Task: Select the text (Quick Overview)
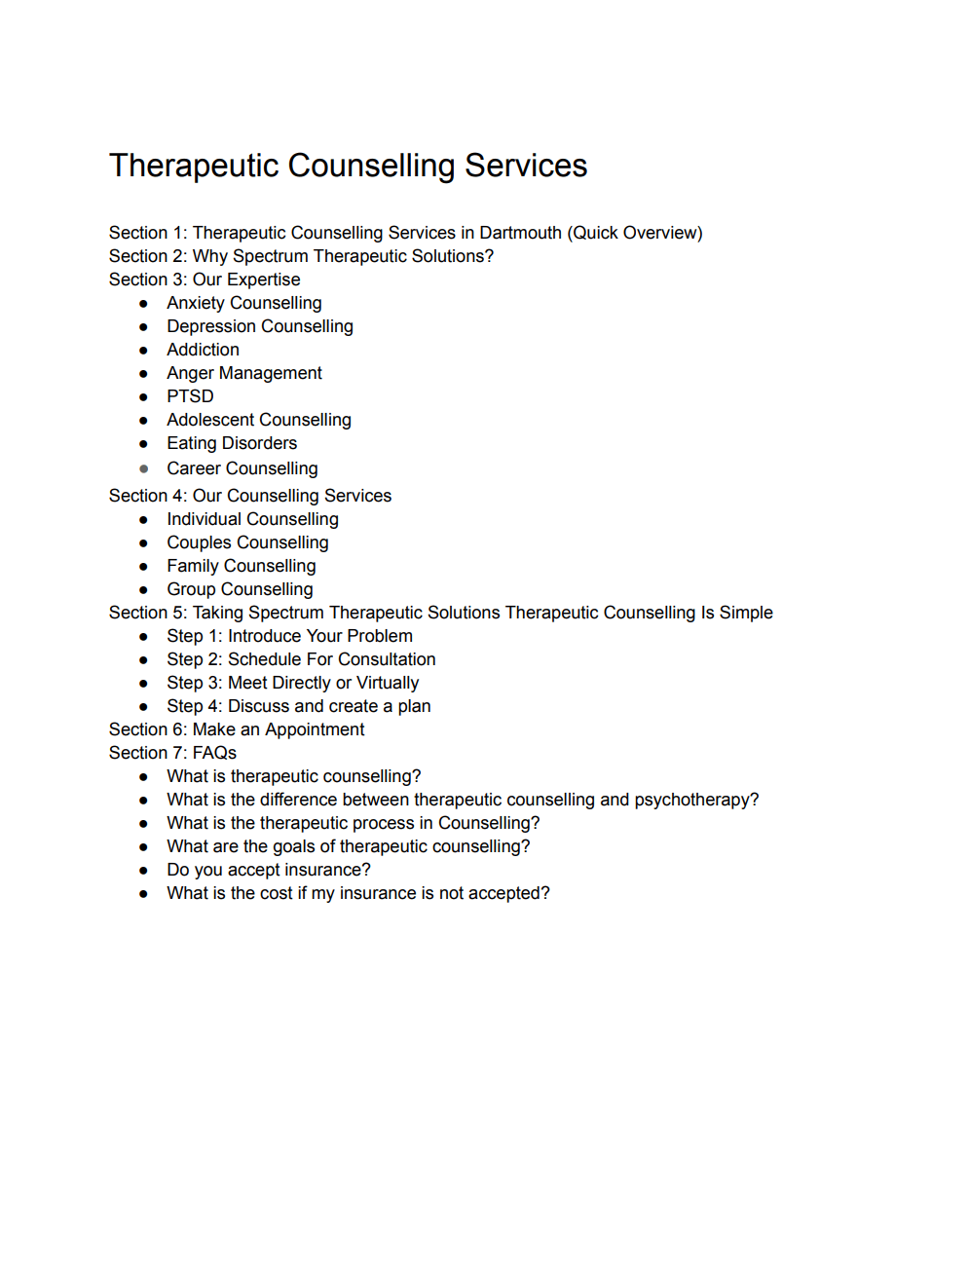point(634,233)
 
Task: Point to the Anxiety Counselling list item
point(243,303)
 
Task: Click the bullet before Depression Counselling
point(144,327)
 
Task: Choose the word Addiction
point(203,350)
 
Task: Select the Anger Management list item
point(243,373)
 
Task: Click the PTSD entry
point(190,396)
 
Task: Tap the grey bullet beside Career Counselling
point(144,469)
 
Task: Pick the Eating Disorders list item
point(232,443)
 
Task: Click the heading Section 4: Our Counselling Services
point(250,496)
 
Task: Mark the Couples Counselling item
point(247,542)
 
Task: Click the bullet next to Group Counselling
point(144,590)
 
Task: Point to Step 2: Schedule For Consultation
point(301,659)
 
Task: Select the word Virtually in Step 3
point(388,683)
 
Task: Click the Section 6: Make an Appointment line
point(237,729)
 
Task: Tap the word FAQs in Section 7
point(214,753)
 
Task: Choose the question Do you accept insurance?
point(268,870)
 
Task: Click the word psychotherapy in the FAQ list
point(695,800)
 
